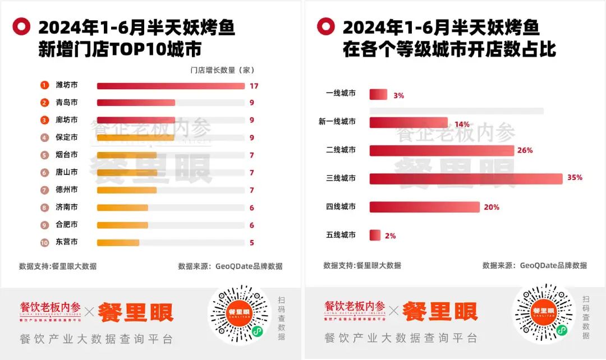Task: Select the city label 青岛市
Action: pyautogui.click(x=67, y=103)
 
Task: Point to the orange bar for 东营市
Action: pyautogui.click(x=118, y=243)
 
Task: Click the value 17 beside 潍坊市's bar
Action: pyautogui.click(x=254, y=86)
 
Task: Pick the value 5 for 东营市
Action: pyautogui.click(x=252, y=243)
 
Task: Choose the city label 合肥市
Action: pyautogui.click(x=67, y=225)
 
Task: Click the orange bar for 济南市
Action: pyautogui.click(x=122, y=207)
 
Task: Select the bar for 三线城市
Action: pyautogui.click(x=466, y=178)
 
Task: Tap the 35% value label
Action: pyautogui.click(x=575, y=178)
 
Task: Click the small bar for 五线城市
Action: pyautogui.click(x=375, y=236)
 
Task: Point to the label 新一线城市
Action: pyautogui.click(x=337, y=121)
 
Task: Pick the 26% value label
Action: pyautogui.click(x=525, y=150)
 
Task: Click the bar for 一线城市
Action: pyautogui.click(x=378, y=94)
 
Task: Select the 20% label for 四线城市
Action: pyautogui.click(x=492, y=207)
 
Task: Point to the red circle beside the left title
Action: pyautogui.click(x=21, y=26)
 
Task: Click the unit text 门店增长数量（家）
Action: pyautogui.click(x=222, y=70)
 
